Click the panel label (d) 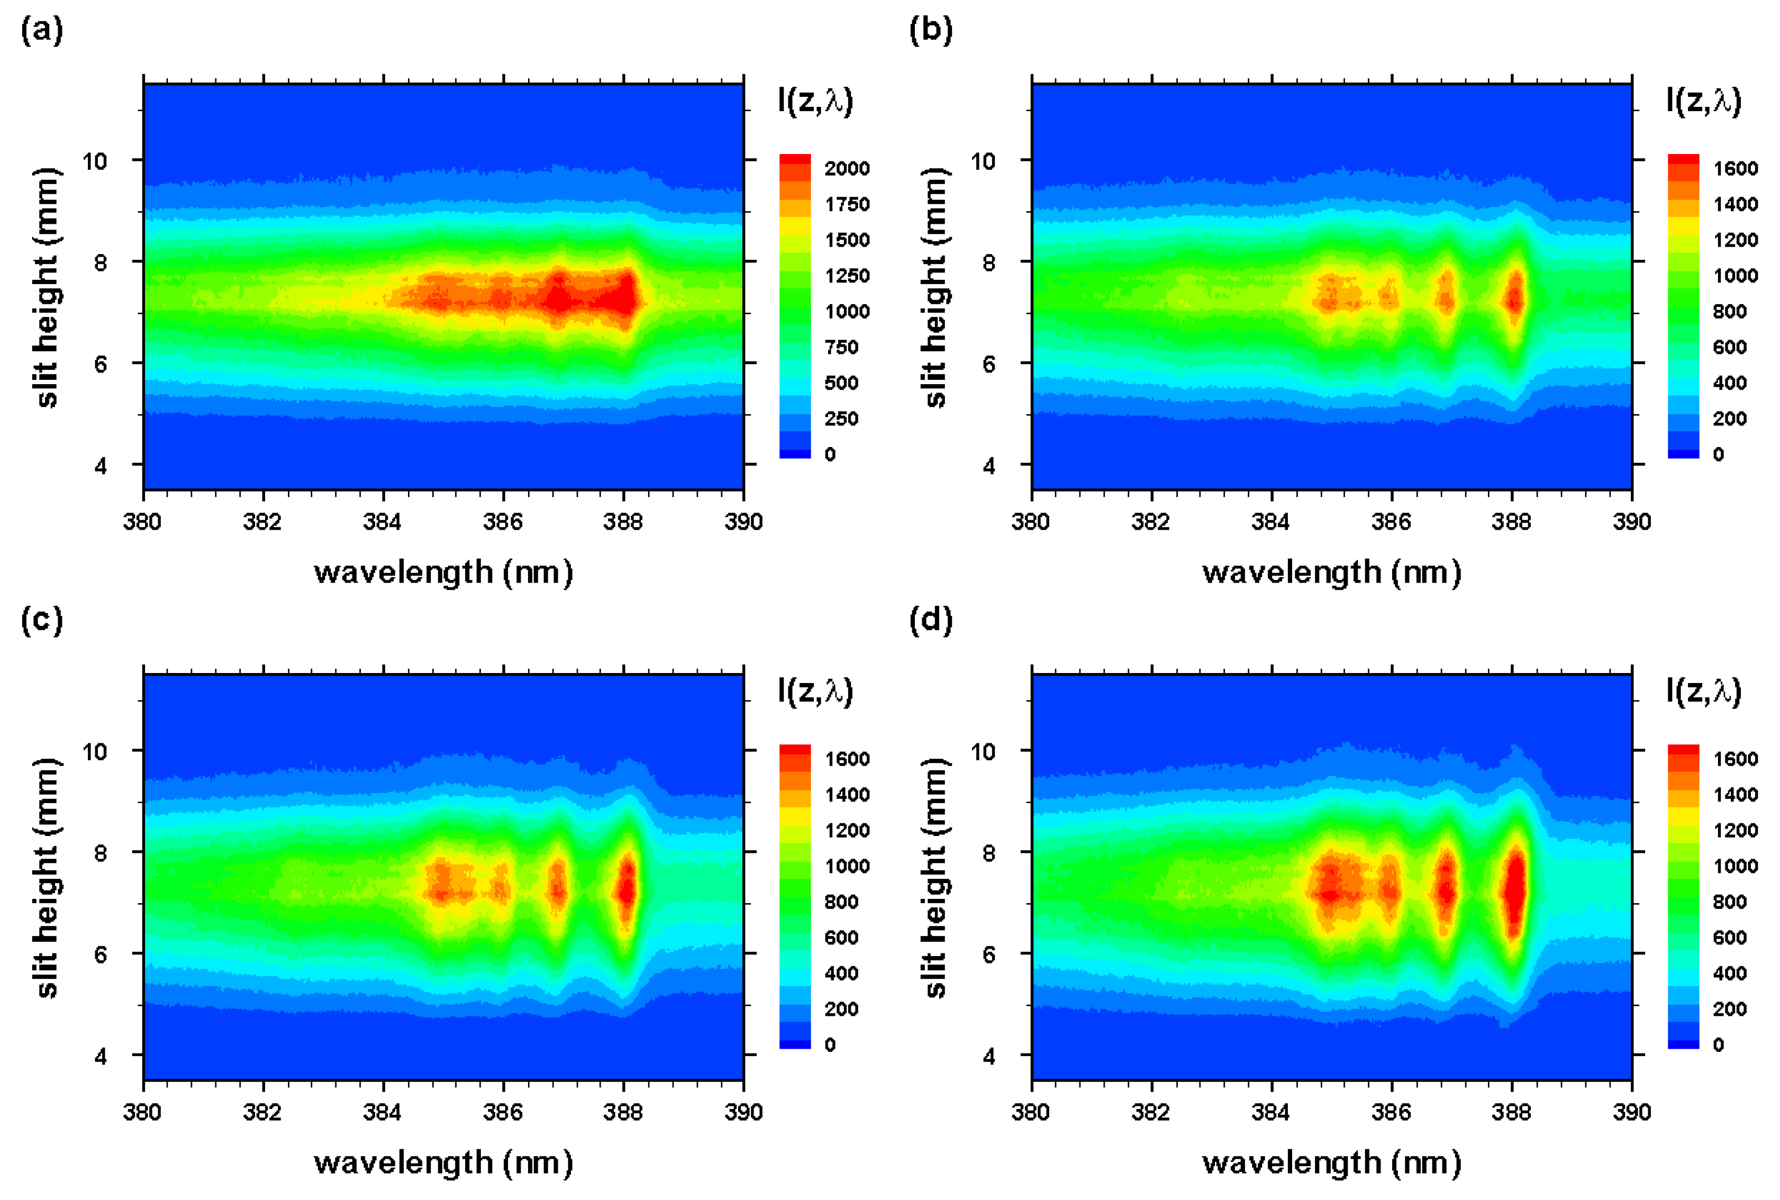coord(931,620)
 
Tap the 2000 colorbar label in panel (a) coord(847,168)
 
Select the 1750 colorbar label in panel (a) coord(847,204)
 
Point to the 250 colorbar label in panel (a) coord(840,419)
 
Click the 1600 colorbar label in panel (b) coord(1735,168)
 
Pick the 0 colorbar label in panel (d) coord(1718,1044)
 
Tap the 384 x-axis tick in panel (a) coord(383,522)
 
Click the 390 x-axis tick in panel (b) coord(1631,522)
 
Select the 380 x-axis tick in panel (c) coord(142,1112)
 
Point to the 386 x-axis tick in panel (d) coord(1391,1112)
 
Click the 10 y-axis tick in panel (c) coord(95,751)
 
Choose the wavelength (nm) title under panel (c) coord(443,1162)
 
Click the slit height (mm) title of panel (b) coord(935,287)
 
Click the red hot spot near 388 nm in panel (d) coord(1513,892)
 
